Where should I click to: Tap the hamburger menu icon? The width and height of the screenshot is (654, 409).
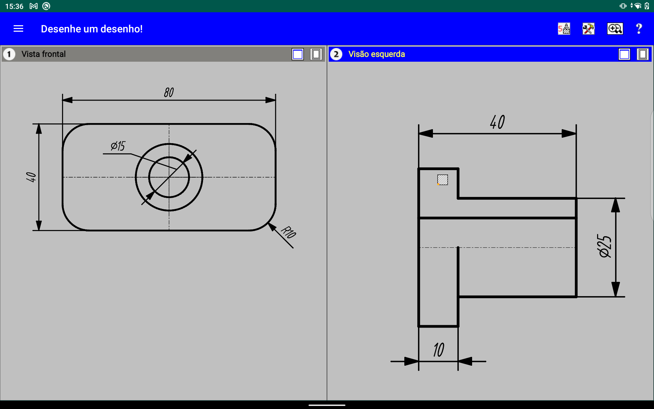[18, 29]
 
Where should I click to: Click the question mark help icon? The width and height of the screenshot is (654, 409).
[639, 29]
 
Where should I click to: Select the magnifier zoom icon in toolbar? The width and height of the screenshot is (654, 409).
[615, 29]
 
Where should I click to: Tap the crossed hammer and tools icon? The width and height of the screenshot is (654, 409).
[589, 29]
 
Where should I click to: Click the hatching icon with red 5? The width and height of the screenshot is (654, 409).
[564, 29]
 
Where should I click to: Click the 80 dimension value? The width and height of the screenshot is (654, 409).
[169, 92]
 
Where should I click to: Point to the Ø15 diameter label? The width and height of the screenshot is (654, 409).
[118, 146]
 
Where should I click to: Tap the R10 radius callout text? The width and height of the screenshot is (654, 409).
[289, 232]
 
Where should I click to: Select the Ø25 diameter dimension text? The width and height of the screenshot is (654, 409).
[605, 246]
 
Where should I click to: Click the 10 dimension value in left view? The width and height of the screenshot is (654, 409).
[439, 350]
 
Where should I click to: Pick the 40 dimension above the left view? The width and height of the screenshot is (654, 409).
[497, 122]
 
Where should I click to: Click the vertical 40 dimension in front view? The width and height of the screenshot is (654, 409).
[31, 177]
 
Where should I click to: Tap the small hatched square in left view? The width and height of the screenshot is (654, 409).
[442, 180]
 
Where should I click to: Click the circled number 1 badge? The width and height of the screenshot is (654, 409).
[9, 54]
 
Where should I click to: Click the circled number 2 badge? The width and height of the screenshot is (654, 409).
[336, 54]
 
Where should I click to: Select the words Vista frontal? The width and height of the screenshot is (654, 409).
[44, 54]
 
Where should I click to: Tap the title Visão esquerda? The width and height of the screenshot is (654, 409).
[376, 54]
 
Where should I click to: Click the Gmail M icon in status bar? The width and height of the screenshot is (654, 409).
[33, 6]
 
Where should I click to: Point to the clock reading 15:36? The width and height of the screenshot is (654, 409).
[14, 6]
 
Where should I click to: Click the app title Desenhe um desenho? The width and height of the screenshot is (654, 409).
[92, 29]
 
